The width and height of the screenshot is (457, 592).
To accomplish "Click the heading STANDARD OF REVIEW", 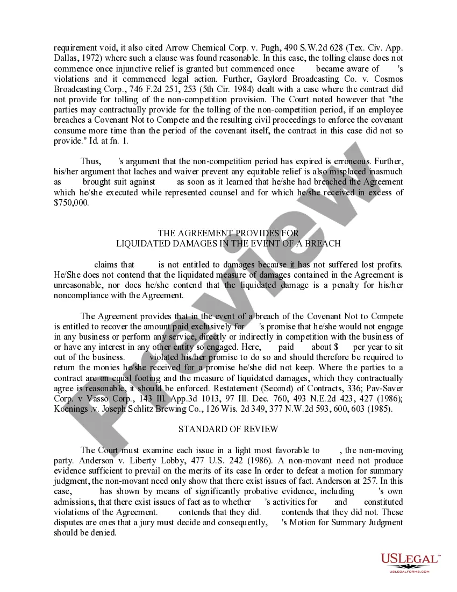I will click(x=228, y=429).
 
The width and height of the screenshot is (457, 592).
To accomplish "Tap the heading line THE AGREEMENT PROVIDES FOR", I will click(x=228, y=233).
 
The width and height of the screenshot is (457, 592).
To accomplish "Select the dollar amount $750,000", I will click(x=72, y=203).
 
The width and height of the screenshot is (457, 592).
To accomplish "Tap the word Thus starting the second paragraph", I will click(x=90, y=161).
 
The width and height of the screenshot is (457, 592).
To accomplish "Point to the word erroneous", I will click(x=366, y=161).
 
